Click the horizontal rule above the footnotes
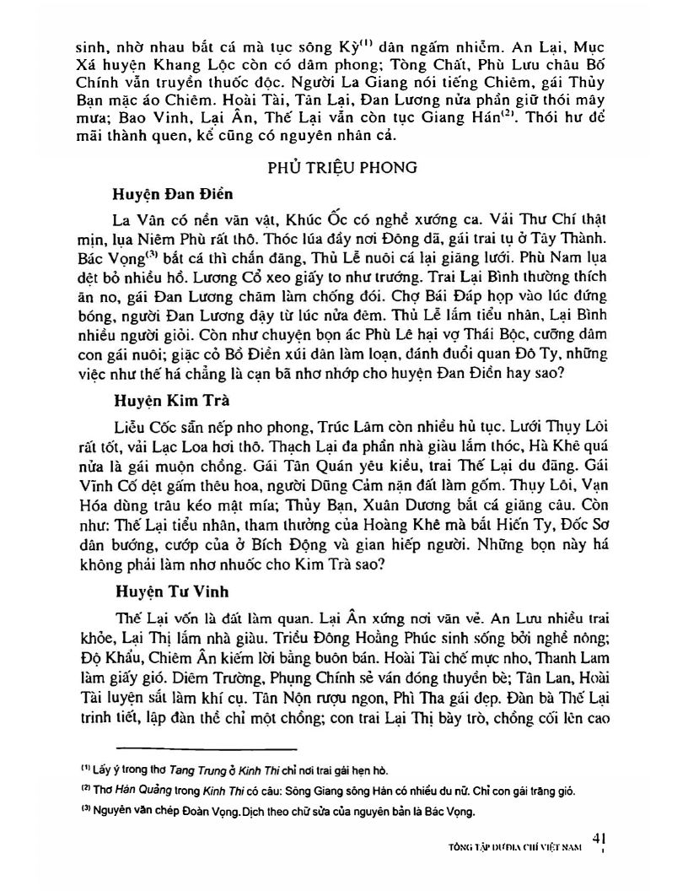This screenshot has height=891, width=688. click(x=206, y=748)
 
